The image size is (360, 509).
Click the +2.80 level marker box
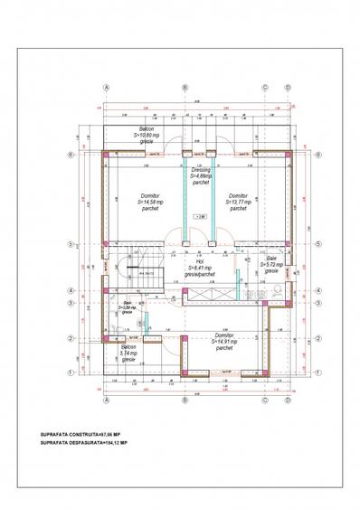(x=200, y=217)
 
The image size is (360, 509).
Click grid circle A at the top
(x=106, y=88)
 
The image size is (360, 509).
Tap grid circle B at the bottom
(x=185, y=401)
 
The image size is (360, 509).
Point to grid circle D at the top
(x=288, y=88)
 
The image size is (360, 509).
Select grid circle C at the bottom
(x=264, y=401)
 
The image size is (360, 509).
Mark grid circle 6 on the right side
(x=318, y=154)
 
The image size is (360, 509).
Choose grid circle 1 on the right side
(x=318, y=372)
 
